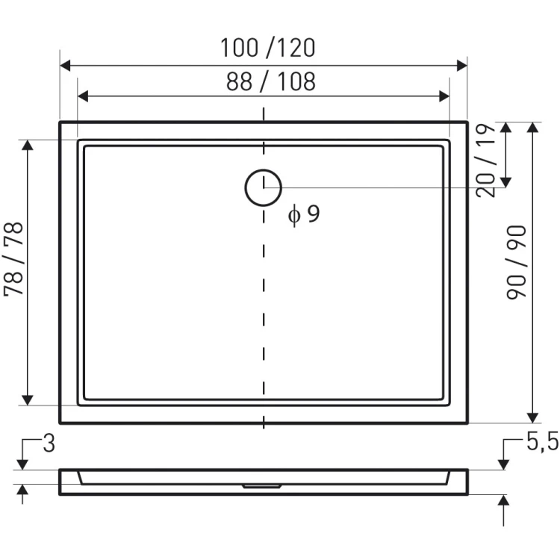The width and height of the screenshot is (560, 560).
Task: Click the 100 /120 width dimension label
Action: (x=268, y=48)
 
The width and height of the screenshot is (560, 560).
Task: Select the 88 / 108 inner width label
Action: (x=271, y=81)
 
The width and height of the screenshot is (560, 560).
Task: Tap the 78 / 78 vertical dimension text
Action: (x=13, y=259)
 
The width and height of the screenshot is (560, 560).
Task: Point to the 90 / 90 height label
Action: (x=517, y=263)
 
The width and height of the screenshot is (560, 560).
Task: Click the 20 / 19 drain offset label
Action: (x=486, y=161)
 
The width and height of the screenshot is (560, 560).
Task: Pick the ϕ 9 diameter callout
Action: (x=304, y=214)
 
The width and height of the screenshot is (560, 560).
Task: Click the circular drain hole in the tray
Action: (x=264, y=187)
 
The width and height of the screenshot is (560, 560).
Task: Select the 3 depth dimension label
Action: (x=49, y=444)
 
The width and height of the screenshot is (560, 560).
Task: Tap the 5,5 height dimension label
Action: (x=542, y=442)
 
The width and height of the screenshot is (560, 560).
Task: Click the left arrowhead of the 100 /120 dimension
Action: (x=65, y=66)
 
